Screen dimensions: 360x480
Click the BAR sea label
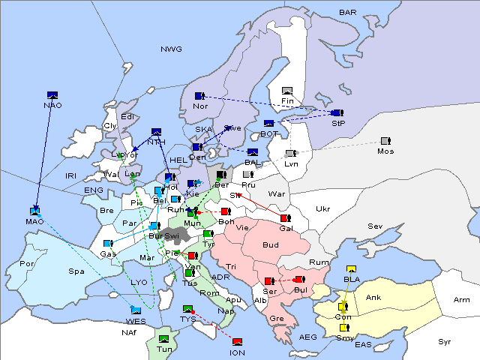tap(348, 12)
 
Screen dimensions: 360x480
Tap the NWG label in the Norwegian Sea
tap(171, 49)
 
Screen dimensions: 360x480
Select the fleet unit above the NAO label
tap(52, 94)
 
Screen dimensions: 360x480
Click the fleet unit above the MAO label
tap(34, 211)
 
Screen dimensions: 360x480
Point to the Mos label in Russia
tap(385, 151)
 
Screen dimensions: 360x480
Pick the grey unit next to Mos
tap(385, 141)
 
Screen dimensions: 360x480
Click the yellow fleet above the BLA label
tap(351, 269)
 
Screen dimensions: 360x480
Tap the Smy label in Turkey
tap(344, 337)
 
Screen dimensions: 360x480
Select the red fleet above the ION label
tap(238, 342)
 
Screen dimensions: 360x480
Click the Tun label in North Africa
tap(164, 349)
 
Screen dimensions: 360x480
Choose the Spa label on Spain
tap(76, 271)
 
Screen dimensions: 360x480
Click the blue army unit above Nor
tap(199, 96)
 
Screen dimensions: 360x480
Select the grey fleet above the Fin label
tap(286, 91)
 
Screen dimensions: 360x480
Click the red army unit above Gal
tap(285, 218)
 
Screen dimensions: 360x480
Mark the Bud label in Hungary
tap(270, 245)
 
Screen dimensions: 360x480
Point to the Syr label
tap(445, 341)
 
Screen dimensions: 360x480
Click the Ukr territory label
tap(322, 208)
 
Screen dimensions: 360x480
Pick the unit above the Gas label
tap(108, 244)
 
